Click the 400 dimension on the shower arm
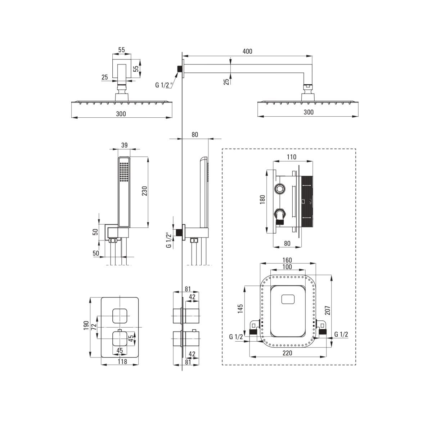[x=247, y=51]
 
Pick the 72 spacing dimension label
[x=94, y=327]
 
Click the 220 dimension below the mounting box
[x=287, y=353]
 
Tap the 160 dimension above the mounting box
[x=287, y=260]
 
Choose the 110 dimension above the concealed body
[x=291, y=157]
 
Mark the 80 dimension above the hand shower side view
[x=195, y=135]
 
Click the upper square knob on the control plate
[x=120, y=316]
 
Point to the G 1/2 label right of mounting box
[x=341, y=335]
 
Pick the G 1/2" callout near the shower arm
[x=164, y=85]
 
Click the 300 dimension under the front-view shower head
[x=121, y=114]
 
